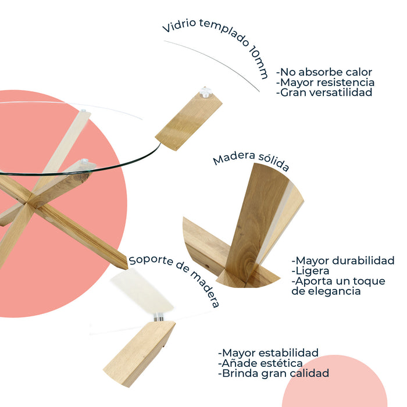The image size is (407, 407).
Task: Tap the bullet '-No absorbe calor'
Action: (324, 72)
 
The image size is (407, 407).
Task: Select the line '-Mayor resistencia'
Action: (325, 83)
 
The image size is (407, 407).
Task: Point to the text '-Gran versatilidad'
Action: (324, 92)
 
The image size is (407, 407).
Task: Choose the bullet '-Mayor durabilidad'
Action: (343, 260)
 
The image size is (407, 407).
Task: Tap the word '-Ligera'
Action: (310, 271)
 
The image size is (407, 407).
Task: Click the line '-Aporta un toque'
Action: (338, 281)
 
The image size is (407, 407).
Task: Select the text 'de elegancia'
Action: (326, 291)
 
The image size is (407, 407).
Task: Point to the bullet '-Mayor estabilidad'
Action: (268, 353)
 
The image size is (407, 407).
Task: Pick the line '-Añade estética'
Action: (260, 363)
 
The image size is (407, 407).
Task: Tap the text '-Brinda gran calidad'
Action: (273, 373)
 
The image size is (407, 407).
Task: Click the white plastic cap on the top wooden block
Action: (206, 92)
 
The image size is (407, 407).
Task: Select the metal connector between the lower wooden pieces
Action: (158, 317)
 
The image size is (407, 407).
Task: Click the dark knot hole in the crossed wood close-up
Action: (206, 266)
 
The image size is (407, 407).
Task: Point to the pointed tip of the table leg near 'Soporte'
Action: (127, 269)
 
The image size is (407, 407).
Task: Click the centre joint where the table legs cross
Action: (28, 202)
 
